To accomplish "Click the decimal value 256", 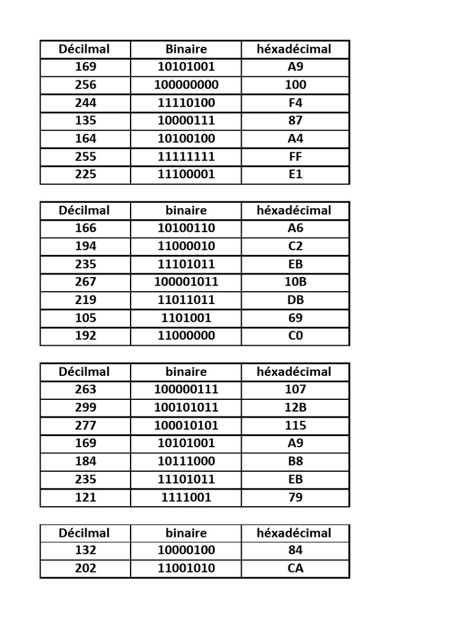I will [85, 85].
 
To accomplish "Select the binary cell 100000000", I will [186, 85].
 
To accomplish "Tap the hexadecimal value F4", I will [295, 103].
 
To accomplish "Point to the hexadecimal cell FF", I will [295, 156].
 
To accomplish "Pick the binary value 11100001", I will [186, 174].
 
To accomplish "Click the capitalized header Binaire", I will [186, 49].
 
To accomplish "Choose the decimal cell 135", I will [85, 120].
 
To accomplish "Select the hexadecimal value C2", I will [295, 246].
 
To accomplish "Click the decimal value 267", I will [85, 282].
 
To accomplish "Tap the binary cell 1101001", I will [186, 318].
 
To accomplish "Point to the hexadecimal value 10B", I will [295, 282].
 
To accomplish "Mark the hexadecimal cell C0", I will [295, 336].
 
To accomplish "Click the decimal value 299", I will [85, 407].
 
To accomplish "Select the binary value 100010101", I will [186, 425].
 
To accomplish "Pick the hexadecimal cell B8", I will [295, 461].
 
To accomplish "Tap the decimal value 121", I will [85, 497].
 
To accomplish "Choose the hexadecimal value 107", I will [295, 389].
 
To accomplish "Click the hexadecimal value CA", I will [295, 568].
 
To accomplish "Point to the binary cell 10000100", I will [186, 550].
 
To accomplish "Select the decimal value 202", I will [85, 568].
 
